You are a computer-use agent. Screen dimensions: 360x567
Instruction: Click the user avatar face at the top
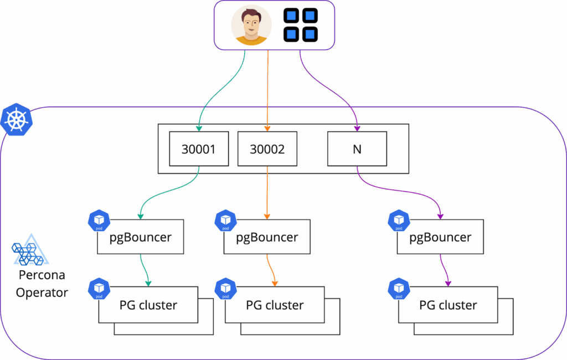[251, 25]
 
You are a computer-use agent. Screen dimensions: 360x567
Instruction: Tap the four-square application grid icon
[301, 25]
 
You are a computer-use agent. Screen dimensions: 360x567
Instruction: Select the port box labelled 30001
[199, 148]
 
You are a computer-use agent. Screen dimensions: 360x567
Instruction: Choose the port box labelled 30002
[267, 148]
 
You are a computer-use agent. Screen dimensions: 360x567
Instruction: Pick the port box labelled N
[357, 148]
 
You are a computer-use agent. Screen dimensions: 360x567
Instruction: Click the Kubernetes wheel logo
[17, 119]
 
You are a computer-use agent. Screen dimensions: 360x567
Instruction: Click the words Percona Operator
[42, 284]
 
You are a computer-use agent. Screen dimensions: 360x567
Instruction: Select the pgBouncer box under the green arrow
[141, 238]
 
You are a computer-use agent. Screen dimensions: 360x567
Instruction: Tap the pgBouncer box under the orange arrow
[267, 238]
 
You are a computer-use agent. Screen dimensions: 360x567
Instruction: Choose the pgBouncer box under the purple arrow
[440, 238]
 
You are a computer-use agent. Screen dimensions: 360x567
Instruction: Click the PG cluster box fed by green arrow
[148, 305]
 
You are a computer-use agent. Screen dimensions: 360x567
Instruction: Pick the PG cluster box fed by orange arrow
[275, 305]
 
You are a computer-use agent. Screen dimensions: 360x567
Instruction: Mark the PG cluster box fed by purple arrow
[448, 305]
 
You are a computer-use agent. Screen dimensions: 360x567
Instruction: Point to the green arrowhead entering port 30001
[199, 128]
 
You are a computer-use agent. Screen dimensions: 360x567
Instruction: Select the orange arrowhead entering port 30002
[267, 128]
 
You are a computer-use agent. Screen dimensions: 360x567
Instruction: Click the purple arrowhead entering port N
[357, 128]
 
